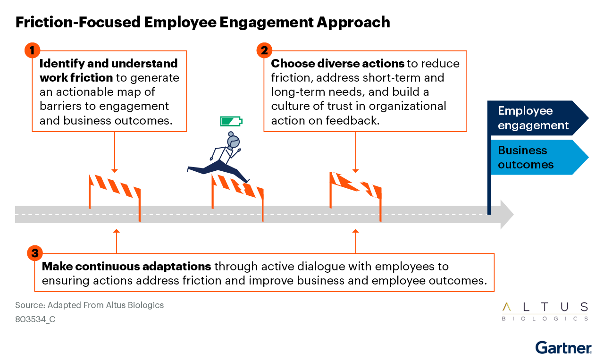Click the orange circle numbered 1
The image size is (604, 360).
(x=32, y=50)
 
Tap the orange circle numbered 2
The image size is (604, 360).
(x=264, y=50)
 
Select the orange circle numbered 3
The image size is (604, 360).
(x=35, y=253)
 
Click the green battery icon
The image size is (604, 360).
(x=231, y=121)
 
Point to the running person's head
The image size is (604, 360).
(x=233, y=141)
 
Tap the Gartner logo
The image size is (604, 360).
(x=563, y=348)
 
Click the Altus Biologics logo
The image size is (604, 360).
(x=545, y=311)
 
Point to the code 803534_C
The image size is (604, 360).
(x=35, y=319)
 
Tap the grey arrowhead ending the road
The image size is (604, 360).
(x=507, y=214)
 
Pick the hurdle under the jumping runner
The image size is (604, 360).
(x=237, y=194)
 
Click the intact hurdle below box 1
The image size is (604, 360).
(x=115, y=194)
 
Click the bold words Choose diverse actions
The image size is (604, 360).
(x=337, y=64)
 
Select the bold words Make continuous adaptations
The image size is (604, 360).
(x=126, y=267)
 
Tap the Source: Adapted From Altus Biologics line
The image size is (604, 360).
(x=89, y=305)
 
